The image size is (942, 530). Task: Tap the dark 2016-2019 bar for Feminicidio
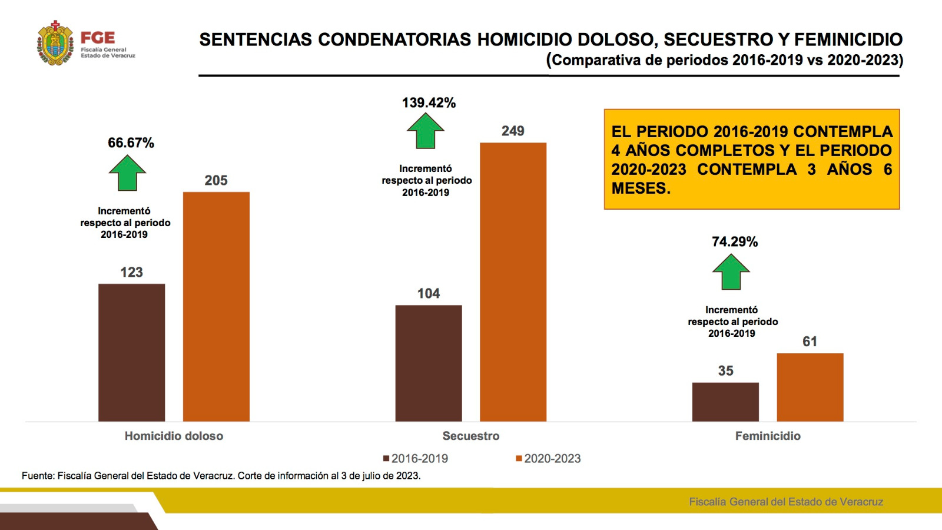pos(725,402)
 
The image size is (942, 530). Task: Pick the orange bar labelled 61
pos(810,387)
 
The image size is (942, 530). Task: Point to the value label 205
pos(216,181)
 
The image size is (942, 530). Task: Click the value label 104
pos(429,294)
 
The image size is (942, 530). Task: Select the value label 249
pos(513,131)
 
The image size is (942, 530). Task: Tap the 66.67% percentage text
pos(131,143)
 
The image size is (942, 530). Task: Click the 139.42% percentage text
pos(429,103)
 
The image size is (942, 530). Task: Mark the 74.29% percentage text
pos(735,242)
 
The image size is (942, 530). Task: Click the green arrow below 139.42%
pos(425,131)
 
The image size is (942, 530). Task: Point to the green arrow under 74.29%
pos(731,272)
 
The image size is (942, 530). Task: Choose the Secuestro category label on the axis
pos(471,436)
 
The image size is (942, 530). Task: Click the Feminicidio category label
pos(768,436)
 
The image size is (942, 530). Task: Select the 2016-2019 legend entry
pos(416,459)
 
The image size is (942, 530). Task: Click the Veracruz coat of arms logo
pos(55,44)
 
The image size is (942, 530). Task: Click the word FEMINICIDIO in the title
pos(848,39)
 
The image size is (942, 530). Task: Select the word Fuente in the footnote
pos(37,476)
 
